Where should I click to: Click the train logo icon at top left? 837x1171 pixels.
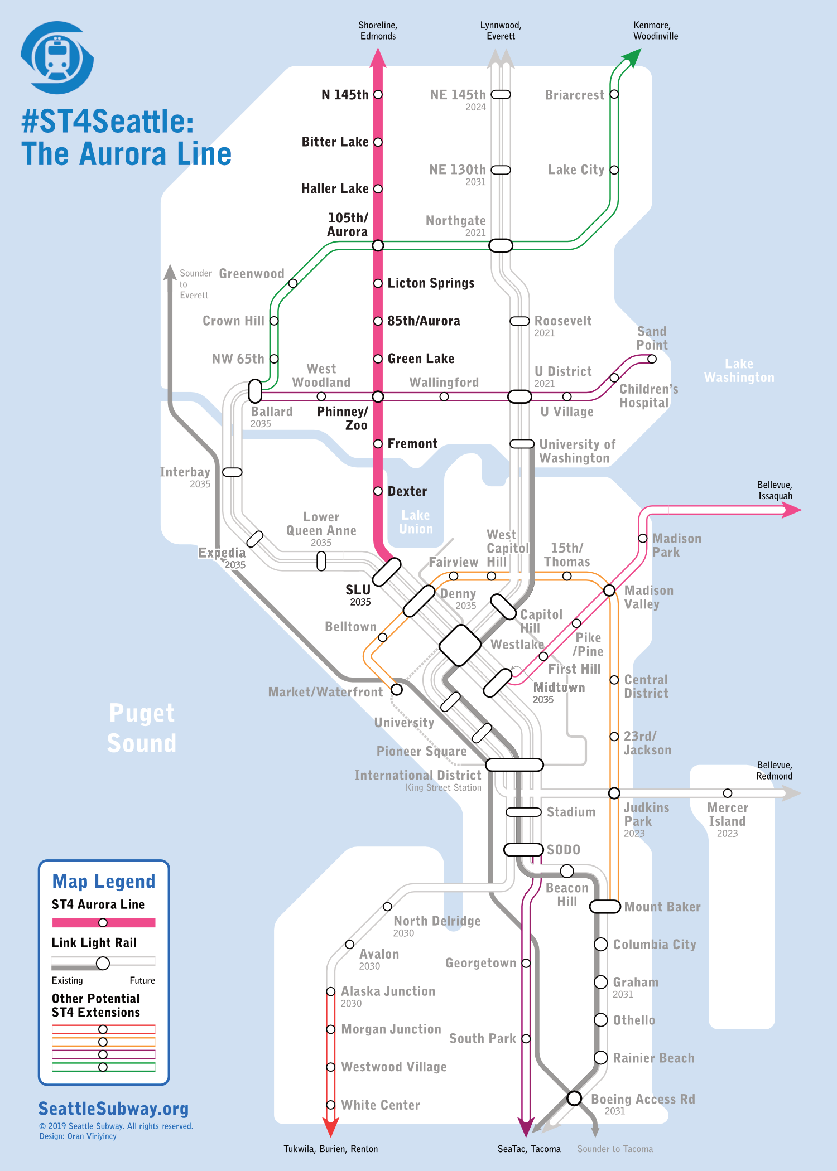[x=57, y=57]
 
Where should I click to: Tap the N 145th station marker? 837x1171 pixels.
[x=378, y=94]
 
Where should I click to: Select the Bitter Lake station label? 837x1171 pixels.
[x=335, y=142]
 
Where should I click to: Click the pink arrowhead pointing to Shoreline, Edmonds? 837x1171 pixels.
[x=378, y=57]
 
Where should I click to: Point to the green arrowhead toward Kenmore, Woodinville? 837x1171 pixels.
[x=633, y=56]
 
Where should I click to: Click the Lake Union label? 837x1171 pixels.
[x=416, y=522]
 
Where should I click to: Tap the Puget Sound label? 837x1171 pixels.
[x=142, y=728]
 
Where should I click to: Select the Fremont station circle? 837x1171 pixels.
[x=378, y=444]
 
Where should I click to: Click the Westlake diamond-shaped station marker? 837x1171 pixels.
[x=460, y=645]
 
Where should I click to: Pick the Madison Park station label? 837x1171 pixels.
[x=676, y=545]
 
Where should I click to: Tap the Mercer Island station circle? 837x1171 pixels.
[x=728, y=793]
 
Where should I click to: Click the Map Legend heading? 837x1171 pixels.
[x=104, y=882]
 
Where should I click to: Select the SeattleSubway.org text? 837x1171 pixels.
[x=114, y=1109]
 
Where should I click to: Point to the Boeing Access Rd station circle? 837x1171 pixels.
[x=574, y=1098]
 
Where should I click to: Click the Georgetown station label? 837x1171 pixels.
[x=480, y=963]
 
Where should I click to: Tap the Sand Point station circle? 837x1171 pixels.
[x=652, y=359]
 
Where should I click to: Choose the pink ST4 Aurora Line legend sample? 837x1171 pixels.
[x=104, y=922]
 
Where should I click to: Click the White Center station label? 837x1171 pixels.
[x=380, y=1105]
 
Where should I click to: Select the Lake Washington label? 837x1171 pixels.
[x=739, y=371]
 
